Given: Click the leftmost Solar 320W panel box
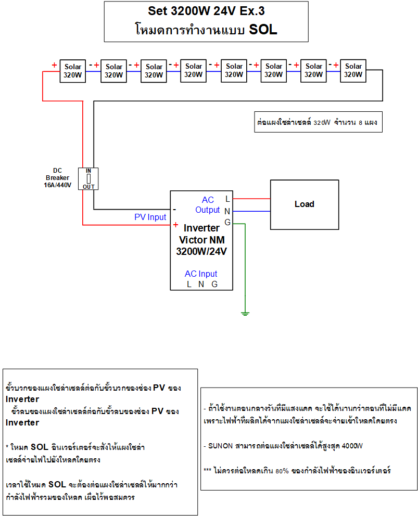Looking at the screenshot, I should tap(73, 71).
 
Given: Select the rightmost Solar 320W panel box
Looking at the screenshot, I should tap(353, 70).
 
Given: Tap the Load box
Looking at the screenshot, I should tap(304, 204).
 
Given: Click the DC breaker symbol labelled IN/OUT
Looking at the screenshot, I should tap(88, 178).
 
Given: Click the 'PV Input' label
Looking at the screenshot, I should tap(150, 217).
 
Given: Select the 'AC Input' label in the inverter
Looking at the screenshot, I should tap(201, 274).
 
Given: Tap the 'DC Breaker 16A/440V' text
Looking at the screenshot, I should tap(57, 177).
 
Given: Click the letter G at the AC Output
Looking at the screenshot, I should tap(227, 223).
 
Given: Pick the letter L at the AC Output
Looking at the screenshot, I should tap(227, 199).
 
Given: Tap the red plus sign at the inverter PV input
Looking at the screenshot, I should tap(176, 225).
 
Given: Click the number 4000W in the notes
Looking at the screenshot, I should tap(352, 446).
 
